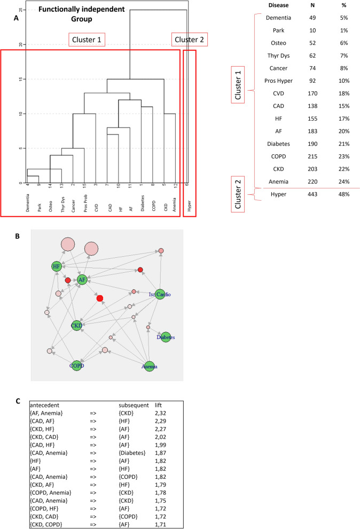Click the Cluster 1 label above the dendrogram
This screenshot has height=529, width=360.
87,40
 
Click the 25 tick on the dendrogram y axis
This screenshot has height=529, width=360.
20,10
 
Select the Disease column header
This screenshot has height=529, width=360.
263,6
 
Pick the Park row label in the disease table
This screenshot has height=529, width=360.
263,30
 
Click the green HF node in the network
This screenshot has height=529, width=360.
57,266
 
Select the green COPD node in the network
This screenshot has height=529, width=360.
76,366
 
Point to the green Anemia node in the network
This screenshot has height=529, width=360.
150,366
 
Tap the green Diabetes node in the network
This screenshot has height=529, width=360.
166,337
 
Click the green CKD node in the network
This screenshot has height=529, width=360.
76,325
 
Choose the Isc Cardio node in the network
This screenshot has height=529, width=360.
159,293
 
